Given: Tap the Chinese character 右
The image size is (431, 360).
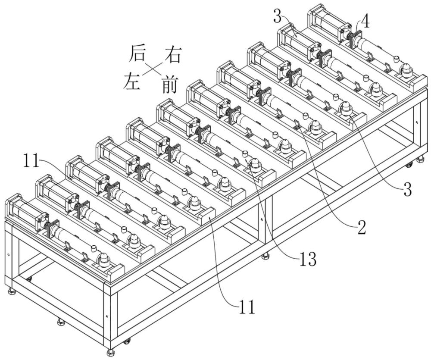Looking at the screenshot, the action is coord(172,55).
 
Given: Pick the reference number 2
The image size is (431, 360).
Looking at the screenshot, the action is coord(361,228).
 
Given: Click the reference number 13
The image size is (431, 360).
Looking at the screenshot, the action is coord(307,259).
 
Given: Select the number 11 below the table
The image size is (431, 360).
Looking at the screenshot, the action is coord(247,307).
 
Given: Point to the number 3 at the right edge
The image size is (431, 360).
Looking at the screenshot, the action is coord(408,190).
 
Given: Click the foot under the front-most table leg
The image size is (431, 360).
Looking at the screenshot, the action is coord(110,352).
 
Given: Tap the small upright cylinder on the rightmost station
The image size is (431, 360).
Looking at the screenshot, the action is coord(396,59).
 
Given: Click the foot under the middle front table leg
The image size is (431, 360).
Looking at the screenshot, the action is coord(265,257).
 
